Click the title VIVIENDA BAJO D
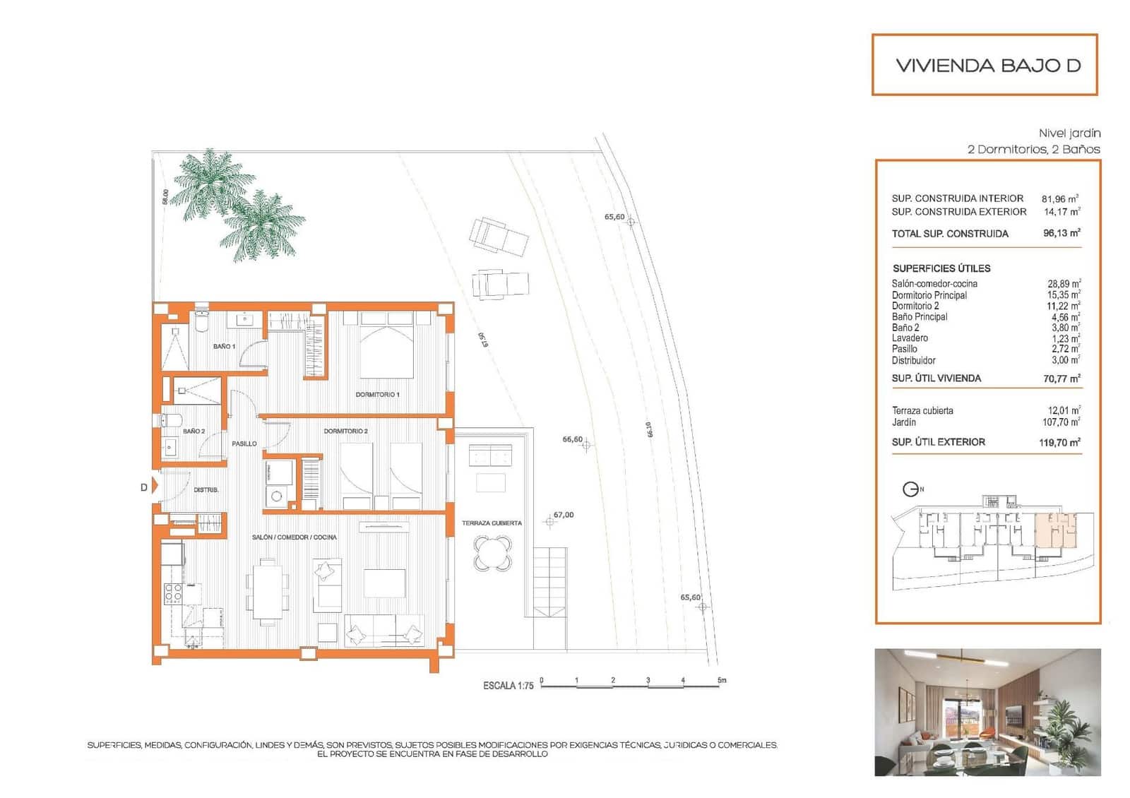coord(987,66)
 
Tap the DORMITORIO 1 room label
coord(377,394)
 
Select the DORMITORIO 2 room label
coord(345,431)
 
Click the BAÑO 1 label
coord(224,346)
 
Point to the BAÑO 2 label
coord(194,431)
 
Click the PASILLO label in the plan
coord(244,443)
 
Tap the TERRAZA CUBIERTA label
coord(492,523)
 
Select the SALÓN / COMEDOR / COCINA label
coord(294,537)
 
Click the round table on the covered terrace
coord(492,552)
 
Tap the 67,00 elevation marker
coord(563,515)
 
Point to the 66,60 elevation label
coord(572,439)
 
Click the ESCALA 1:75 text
coord(508,686)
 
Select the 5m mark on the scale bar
coord(722,680)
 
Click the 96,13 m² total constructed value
coord(1061,233)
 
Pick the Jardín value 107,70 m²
coord(1061,422)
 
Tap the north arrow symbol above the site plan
coord(911,489)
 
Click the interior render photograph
coord(987,712)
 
